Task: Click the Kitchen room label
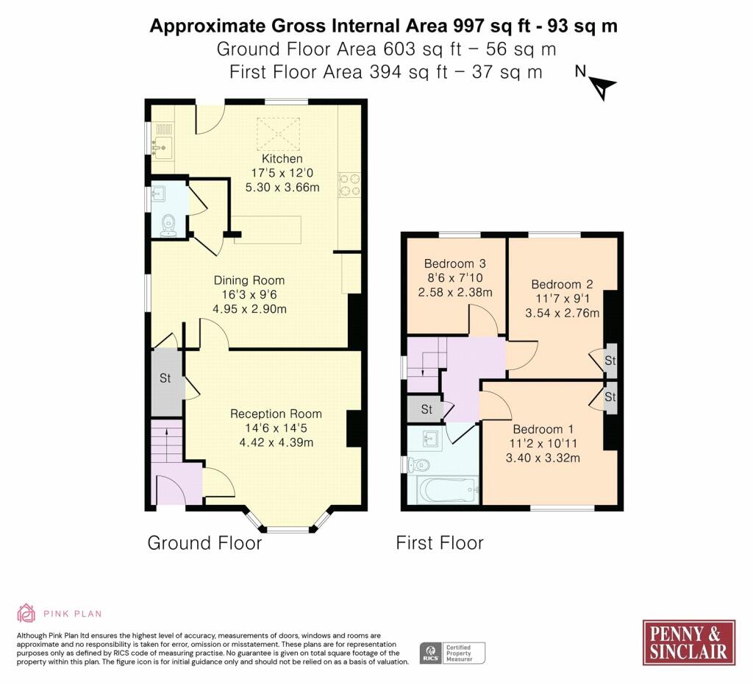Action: (282, 159)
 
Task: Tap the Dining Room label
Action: (249, 280)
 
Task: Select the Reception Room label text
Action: (276, 414)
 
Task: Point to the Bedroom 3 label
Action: (454, 263)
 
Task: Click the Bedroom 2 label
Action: (562, 284)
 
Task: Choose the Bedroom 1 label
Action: (544, 429)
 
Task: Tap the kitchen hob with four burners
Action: (349, 185)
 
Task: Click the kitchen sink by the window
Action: (162, 145)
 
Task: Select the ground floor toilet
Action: (168, 225)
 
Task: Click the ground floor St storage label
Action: (165, 378)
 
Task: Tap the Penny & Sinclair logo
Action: (688, 642)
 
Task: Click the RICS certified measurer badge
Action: (452, 653)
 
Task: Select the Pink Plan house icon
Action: (26, 613)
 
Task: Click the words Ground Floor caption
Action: (204, 543)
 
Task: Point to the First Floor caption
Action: (440, 543)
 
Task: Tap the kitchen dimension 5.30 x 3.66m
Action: (282, 188)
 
